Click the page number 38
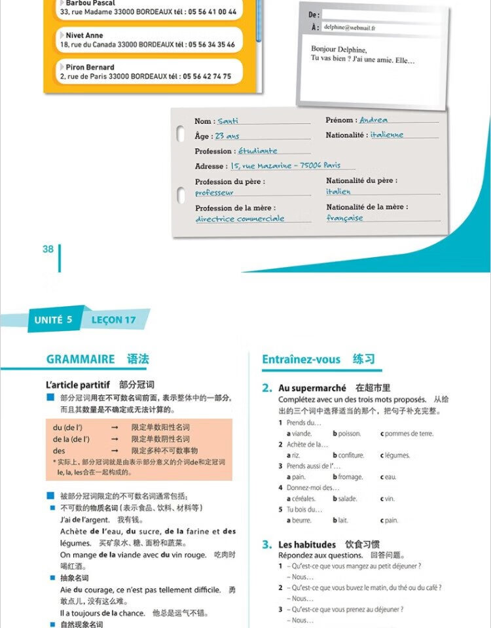[48, 249]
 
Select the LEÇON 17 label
[113, 320]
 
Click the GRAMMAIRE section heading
[81, 359]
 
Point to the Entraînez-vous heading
[301, 359]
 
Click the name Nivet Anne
[84, 35]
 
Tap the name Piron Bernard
[90, 67]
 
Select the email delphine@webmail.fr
[350, 28]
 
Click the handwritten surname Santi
[228, 121]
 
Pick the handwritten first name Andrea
[373, 120]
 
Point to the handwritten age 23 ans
[227, 136]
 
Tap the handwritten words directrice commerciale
[240, 219]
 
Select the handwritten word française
[344, 218]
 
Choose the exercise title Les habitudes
[307, 544]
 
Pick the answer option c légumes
[395, 455]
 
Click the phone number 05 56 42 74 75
[207, 77]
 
